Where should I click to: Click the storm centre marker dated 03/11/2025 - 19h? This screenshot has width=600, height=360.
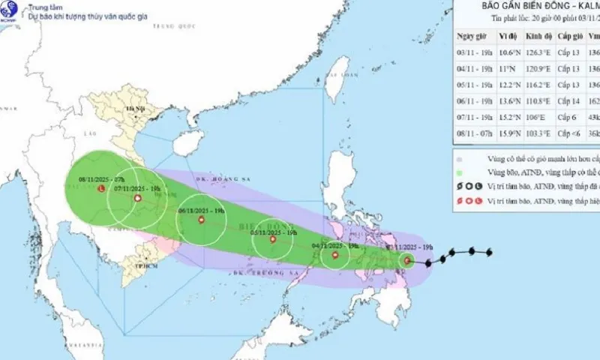point(407,261)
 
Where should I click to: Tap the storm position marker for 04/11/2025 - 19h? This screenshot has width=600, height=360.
point(335,256)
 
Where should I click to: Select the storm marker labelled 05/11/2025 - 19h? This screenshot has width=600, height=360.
point(272,240)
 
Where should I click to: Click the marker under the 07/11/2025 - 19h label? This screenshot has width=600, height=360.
point(137,198)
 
